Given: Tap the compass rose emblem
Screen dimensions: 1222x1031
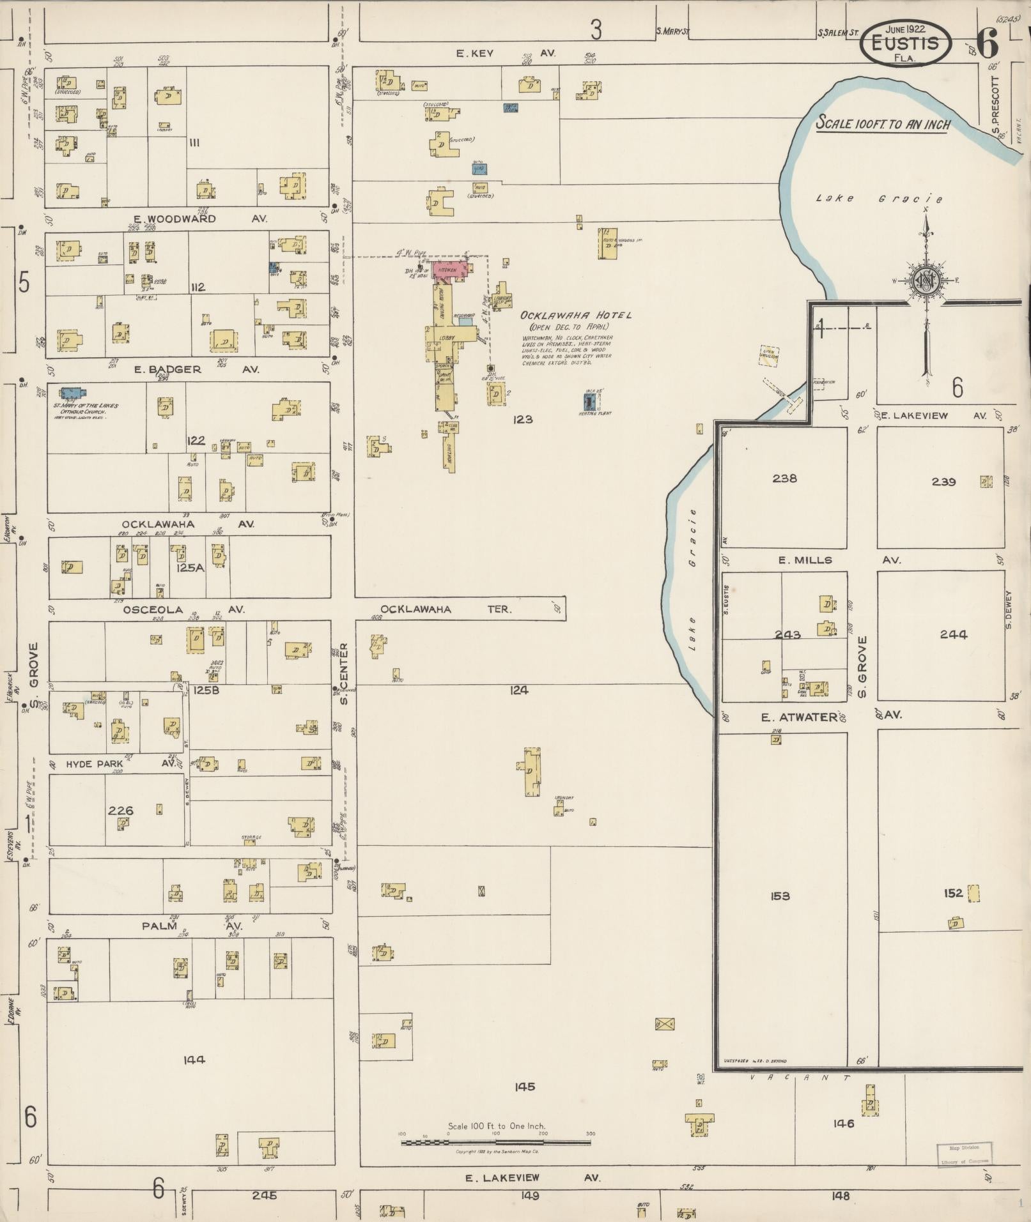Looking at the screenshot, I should (925, 280).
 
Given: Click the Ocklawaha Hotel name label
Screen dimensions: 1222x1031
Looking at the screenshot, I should (575, 315).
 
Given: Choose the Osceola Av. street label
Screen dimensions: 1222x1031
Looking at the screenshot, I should (182, 609).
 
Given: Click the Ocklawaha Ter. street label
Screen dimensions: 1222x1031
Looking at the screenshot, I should (446, 609).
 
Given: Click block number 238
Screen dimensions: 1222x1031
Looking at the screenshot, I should (784, 478).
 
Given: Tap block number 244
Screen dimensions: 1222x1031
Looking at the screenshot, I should (953, 634).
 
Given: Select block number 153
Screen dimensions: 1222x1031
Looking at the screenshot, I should (780, 896).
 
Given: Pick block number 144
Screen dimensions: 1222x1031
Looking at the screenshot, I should (194, 1060).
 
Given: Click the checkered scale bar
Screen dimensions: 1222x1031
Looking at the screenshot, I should (495, 1142).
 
